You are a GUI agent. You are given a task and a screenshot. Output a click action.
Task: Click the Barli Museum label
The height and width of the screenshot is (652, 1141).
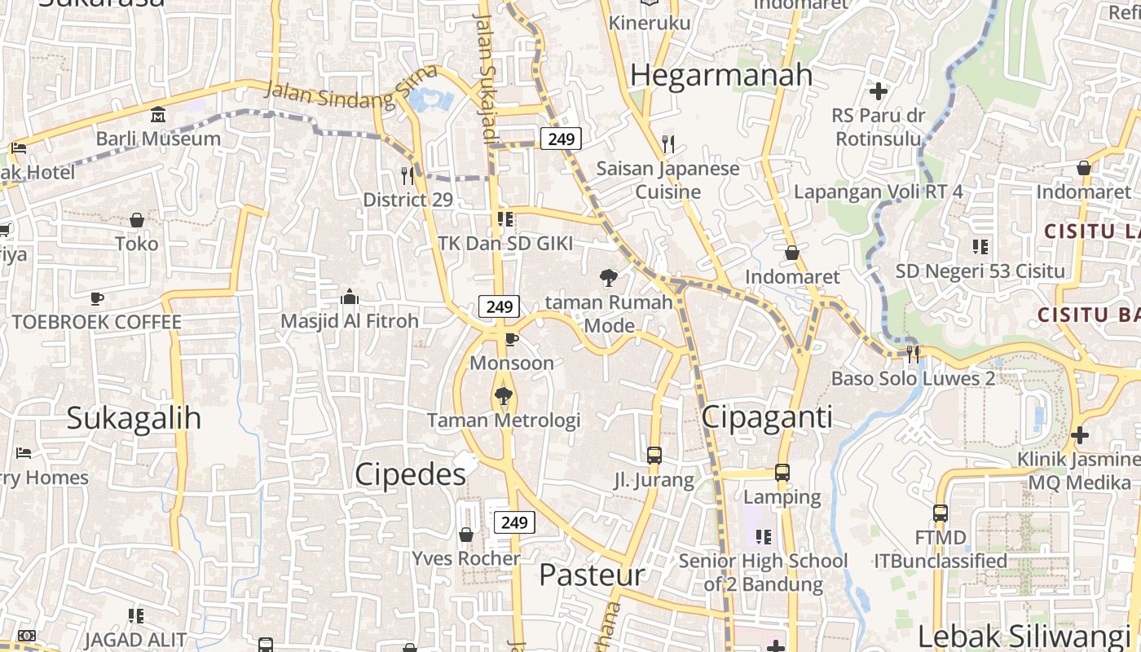click(x=158, y=139)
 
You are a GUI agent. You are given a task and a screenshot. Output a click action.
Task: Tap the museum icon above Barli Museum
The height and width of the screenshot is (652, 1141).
click(x=158, y=114)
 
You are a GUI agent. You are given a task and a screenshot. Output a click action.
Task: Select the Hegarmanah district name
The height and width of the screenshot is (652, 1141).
click(x=721, y=75)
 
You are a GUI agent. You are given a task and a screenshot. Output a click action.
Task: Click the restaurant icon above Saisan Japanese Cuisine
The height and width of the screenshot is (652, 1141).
click(x=668, y=144)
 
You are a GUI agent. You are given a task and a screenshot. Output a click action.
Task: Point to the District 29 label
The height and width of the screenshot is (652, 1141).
click(x=407, y=200)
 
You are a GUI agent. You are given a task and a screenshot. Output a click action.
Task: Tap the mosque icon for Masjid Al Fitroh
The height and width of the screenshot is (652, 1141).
click(x=350, y=297)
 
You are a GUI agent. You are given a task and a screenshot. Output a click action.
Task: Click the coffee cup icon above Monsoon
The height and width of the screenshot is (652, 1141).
click(x=512, y=339)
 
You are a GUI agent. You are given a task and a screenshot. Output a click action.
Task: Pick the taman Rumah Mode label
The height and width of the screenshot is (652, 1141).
click(x=609, y=314)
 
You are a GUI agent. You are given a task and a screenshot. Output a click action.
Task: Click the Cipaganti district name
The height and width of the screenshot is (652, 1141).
click(x=767, y=418)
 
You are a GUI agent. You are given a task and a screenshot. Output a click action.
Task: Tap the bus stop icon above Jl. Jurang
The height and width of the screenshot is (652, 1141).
click(x=654, y=456)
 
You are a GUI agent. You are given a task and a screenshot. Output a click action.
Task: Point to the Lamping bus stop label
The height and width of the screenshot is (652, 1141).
click(x=782, y=496)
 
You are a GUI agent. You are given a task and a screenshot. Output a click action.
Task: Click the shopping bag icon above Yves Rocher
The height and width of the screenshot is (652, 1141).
click(x=466, y=535)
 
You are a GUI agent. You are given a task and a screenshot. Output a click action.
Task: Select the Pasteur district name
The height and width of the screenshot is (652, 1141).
click(x=592, y=575)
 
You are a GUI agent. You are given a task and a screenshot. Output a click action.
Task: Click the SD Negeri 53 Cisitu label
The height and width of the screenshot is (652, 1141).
click(x=980, y=271)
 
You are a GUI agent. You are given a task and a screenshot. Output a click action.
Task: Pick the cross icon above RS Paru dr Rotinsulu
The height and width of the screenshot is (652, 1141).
click(x=879, y=90)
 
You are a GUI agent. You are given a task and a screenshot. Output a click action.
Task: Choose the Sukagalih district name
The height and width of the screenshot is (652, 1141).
click(x=134, y=418)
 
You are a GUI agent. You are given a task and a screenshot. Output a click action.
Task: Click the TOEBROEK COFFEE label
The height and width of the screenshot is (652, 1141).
click(x=97, y=322)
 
